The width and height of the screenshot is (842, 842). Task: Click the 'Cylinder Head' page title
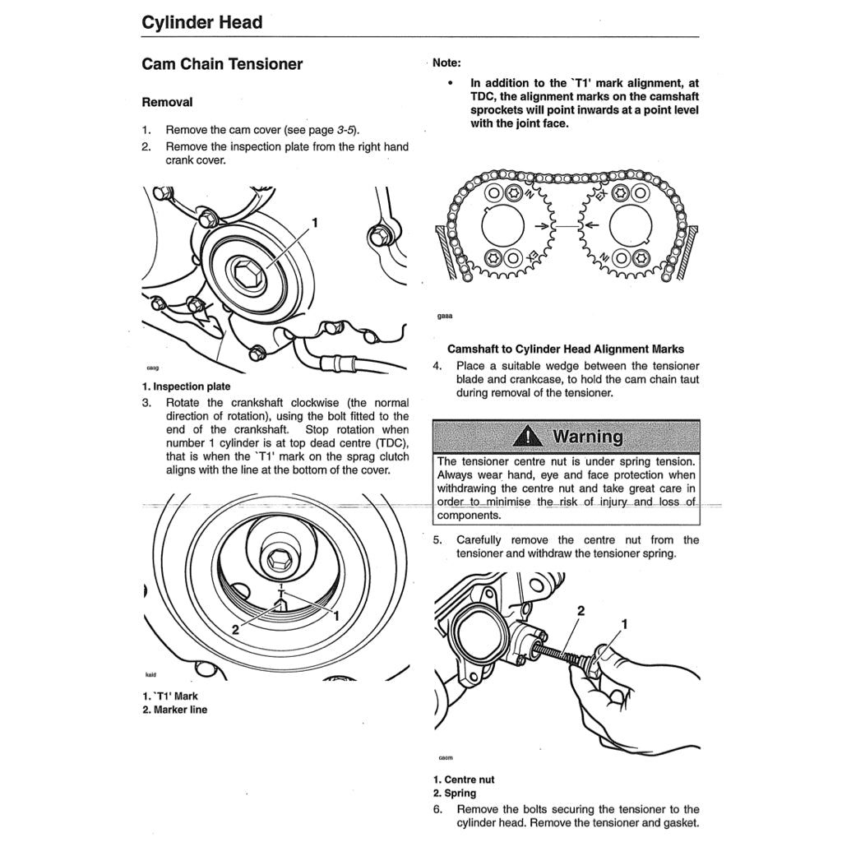(x=202, y=22)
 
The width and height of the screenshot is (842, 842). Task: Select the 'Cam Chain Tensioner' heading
(x=222, y=64)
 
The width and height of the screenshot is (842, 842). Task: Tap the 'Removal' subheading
(x=167, y=103)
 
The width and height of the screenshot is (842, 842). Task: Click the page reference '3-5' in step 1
(x=346, y=130)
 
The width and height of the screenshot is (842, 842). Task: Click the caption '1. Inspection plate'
(x=186, y=386)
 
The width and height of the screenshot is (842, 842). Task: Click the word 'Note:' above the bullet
(x=446, y=62)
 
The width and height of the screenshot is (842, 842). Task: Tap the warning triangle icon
(x=527, y=436)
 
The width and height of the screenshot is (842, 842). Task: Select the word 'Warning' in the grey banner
(x=588, y=436)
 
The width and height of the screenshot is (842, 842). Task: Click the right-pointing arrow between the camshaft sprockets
(x=543, y=224)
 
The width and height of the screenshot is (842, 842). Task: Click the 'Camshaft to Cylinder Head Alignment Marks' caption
(x=566, y=349)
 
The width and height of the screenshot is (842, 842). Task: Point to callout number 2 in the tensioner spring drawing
(x=581, y=611)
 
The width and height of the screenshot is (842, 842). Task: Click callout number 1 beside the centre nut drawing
(x=624, y=625)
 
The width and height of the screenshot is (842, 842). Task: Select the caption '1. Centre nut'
(x=464, y=780)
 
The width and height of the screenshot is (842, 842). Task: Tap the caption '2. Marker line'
(x=174, y=710)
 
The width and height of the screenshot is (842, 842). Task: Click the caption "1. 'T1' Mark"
(x=170, y=696)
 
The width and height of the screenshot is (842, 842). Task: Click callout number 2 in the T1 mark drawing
(x=235, y=630)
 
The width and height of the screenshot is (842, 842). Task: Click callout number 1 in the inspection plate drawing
(x=315, y=222)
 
